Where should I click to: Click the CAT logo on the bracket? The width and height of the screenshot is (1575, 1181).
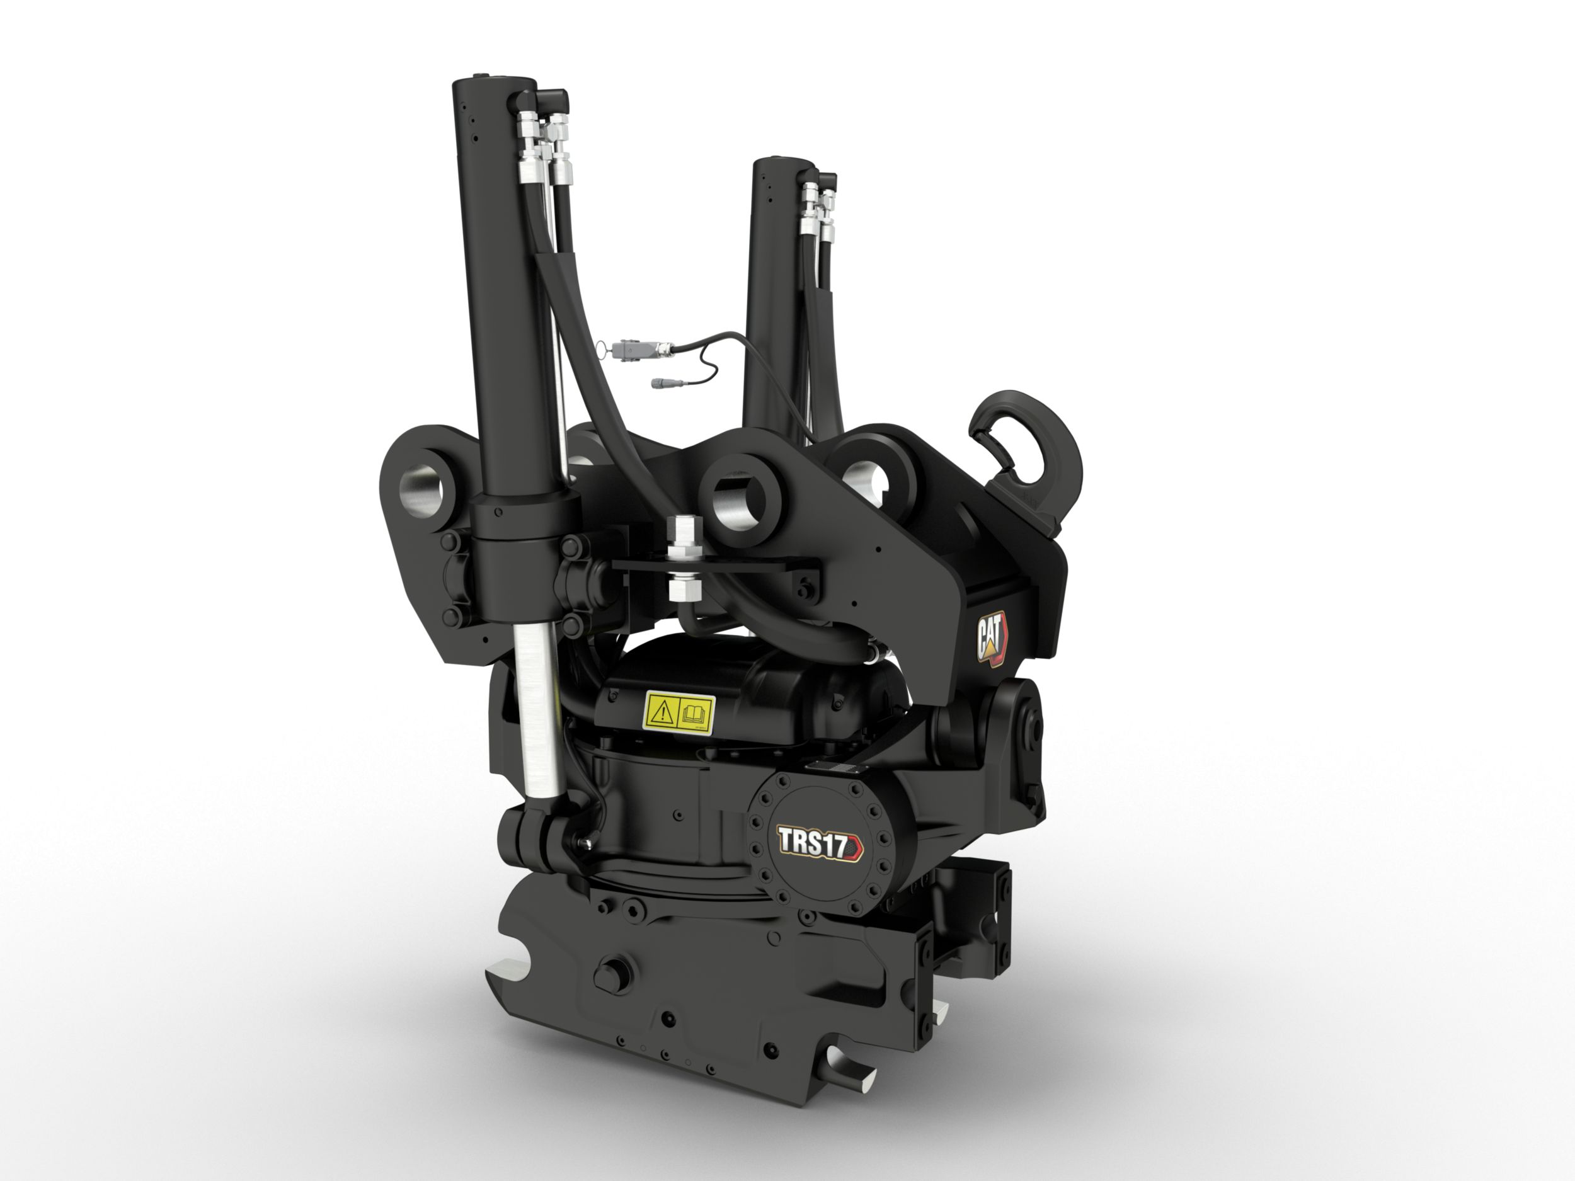pos(992,639)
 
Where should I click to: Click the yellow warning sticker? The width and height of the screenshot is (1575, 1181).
pos(679,712)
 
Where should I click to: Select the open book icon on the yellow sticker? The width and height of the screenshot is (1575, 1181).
pos(695,712)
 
